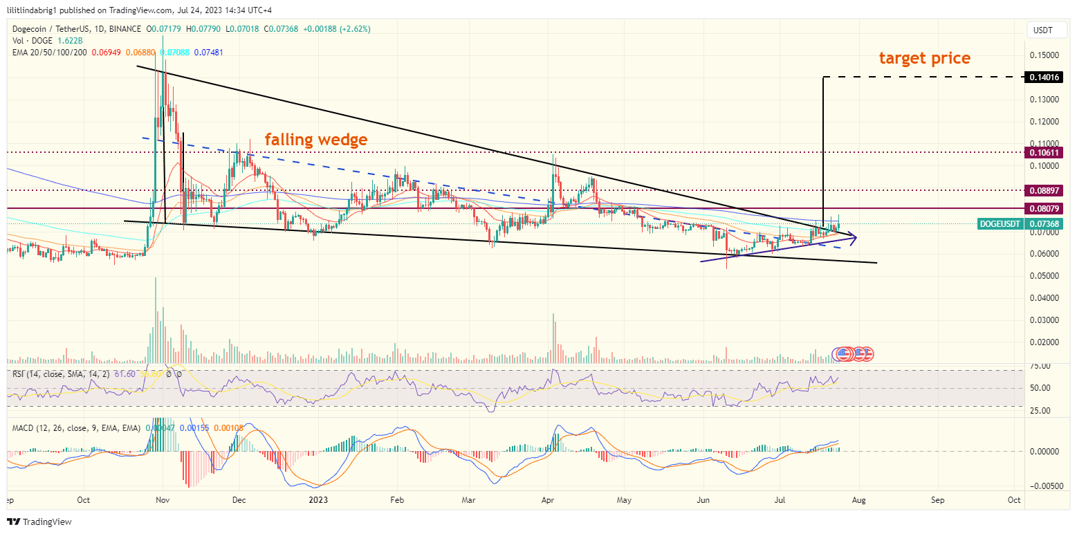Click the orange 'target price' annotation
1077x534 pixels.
point(924,58)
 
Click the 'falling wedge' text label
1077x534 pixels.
point(316,140)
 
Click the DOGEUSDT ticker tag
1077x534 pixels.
point(1000,224)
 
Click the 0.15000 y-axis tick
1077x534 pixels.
point(1044,55)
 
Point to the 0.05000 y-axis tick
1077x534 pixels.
point(1044,275)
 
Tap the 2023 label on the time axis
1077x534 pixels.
point(317,499)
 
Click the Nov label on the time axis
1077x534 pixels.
point(163,499)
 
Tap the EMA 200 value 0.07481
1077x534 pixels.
point(208,53)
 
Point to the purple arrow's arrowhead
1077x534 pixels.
point(854,238)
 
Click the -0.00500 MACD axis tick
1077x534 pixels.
point(1044,486)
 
